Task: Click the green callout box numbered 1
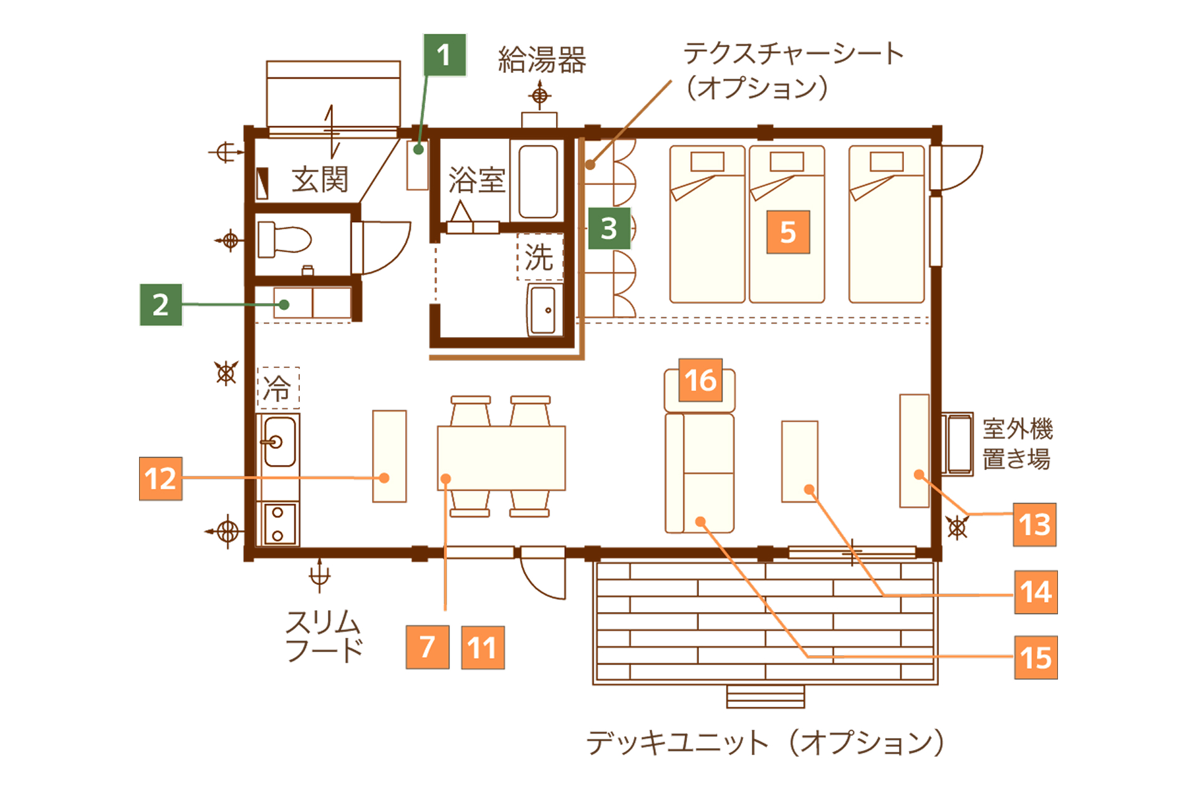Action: pyautogui.click(x=445, y=55)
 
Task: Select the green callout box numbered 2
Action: pyautogui.click(x=161, y=304)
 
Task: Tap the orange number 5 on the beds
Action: pyautogui.click(x=788, y=232)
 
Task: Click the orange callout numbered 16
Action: pyautogui.click(x=700, y=380)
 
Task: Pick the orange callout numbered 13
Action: pyautogui.click(x=1034, y=524)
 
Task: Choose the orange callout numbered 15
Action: pyautogui.click(x=1036, y=657)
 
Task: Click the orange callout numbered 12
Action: pyautogui.click(x=161, y=479)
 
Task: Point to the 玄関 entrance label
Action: pyautogui.click(x=320, y=180)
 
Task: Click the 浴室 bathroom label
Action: pyautogui.click(x=477, y=180)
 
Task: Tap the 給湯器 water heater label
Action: pyautogui.click(x=542, y=60)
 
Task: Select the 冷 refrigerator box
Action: pyautogui.click(x=278, y=388)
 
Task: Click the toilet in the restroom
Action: pyautogui.click(x=284, y=239)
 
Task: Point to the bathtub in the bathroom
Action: pyautogui.click(x=537, y=181)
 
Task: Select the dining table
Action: pyautogui.click(x=501, y=458)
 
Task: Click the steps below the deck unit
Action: pyautogui.click(x=766, y=696)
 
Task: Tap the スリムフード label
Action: pyautogui.click(x=324, y=636)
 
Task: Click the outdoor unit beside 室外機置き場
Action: pyautogui.click(x=957, y=444)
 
